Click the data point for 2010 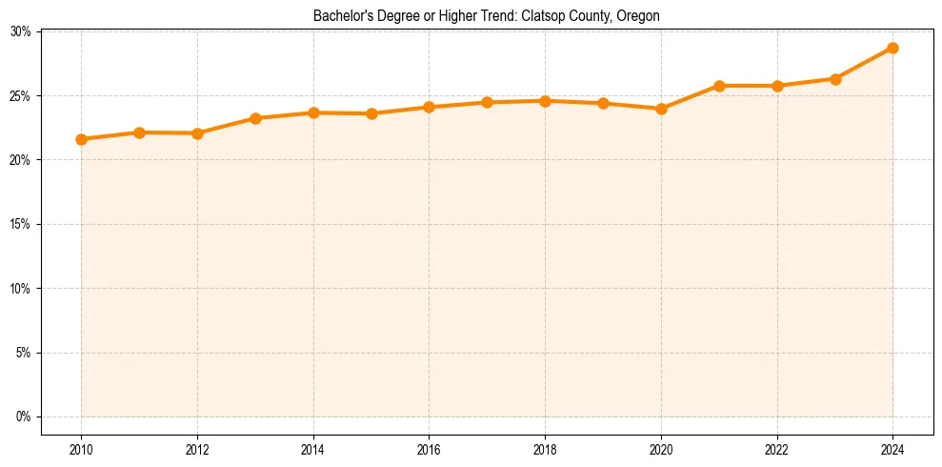tap(82, 139)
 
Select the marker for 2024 tap(892, 48)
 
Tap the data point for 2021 tap(719, 86)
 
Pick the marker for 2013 tap(255, 118)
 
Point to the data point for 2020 tap(661, 109)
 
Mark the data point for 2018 tap(545, 101)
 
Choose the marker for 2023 tap(835, 79)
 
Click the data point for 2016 tap(430, 107)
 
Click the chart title tap(487, 16)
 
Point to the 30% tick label tap(21, 31)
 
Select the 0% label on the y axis tap(24, 416)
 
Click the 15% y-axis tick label tap(21, 224)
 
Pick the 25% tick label tap(21, 96)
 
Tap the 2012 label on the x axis tap(197, 449)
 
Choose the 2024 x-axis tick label tap(892, 449)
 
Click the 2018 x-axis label tap(545, 449)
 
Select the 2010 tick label tap(82, 449)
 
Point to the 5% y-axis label tap(24, 353)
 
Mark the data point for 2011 tap(139, 132)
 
